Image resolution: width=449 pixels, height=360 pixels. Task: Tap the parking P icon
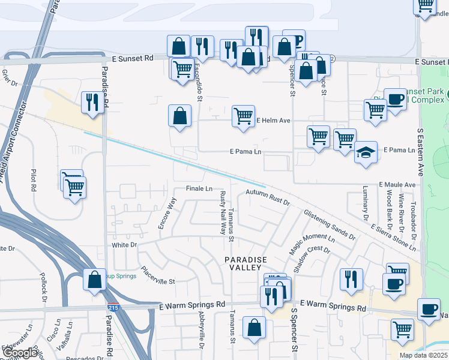tap(294, 41)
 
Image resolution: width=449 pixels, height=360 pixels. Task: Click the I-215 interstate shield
tap(113, 308)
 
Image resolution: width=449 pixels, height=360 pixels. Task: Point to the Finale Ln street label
tap(199, 188)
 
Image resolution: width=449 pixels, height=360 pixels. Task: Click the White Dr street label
tap(124, 245)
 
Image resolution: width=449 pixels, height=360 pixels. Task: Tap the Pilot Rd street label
tap(34, 181)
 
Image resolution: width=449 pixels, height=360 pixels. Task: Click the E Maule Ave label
tap(397, 185)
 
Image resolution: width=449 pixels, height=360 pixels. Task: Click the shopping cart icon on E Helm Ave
tap(243, 116)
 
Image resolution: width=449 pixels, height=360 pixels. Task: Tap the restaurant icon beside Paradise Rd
tap(92, 102)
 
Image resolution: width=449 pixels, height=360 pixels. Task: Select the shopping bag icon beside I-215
tap(94, 280)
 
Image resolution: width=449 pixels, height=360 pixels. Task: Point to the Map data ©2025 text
tap(423, 355)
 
